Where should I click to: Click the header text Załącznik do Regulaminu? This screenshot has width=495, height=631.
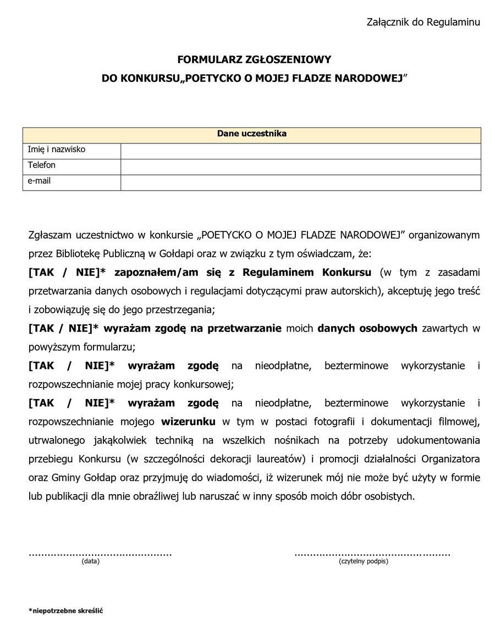point(423,22)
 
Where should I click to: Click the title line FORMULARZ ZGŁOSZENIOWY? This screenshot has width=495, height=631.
point(254,59)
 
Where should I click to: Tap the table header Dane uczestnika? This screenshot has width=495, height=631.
point(251,134)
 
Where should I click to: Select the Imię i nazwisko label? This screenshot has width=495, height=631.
point(57,150)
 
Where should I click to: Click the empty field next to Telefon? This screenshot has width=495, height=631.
point(300,166)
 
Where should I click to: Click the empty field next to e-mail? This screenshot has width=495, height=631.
point(300,182)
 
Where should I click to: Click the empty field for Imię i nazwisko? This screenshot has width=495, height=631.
point(300,151)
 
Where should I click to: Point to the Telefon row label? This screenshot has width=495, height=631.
point(42,165)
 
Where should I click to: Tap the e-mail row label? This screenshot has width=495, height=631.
point(40,181)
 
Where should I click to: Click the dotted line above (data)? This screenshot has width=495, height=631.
point(100,553)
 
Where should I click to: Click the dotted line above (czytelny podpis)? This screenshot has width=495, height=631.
point(372,553)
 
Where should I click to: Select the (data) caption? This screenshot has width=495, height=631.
point(90,561)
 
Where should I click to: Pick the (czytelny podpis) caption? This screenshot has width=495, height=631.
point(364,561)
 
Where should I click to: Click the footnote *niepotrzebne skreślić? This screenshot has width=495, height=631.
point(66,611)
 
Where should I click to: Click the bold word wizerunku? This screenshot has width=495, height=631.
point(189,422)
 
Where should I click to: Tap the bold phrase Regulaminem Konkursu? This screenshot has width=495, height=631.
point(307,272)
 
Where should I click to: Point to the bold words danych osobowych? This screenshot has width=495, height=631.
point(367,329)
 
